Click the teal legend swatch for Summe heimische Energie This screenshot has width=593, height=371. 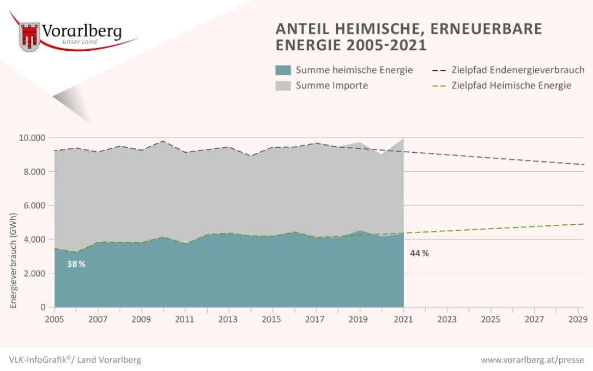click(283, 70)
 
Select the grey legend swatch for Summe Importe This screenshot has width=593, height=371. click(283, 85)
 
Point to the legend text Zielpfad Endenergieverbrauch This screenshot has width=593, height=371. click(518, 70)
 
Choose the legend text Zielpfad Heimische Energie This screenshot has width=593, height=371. click(511, 85)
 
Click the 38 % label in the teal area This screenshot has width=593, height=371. click(76, 264)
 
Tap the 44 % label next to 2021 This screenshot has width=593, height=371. click(419, 253)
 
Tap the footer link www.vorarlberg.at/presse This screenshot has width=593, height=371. click(532, 360)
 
